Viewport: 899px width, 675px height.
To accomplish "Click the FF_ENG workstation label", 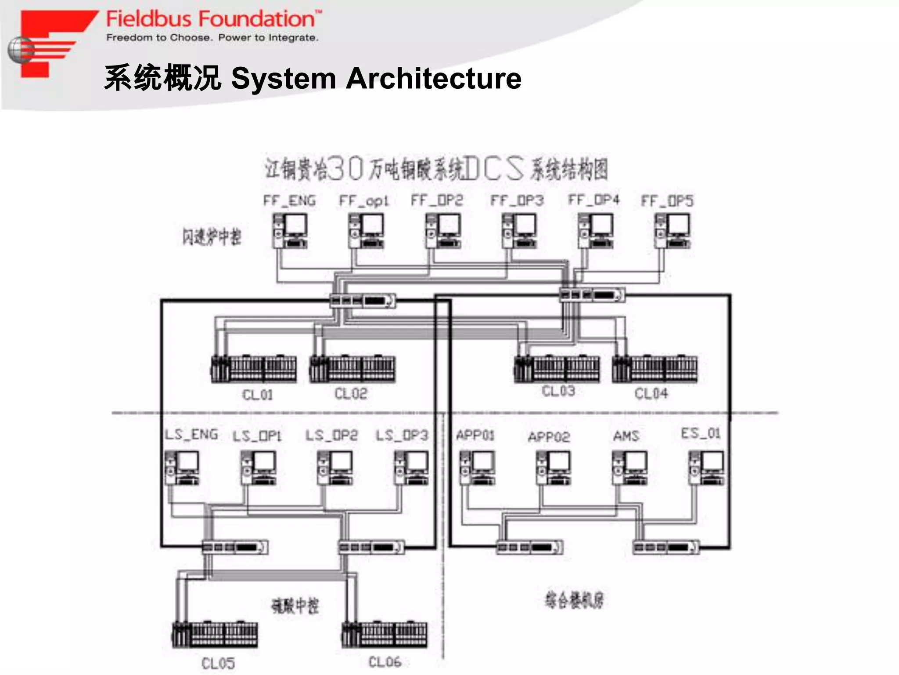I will coord(289,201).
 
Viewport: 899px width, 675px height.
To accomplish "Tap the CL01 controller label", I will coord(258,395).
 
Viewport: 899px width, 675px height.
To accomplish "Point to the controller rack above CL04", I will coord(654,369).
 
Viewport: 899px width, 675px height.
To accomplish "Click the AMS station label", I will coord(626,436).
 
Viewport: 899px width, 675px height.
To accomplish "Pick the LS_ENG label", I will coord(191,435).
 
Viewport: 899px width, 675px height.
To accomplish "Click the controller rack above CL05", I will coord(215,635).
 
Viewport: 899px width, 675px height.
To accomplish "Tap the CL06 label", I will coord(385,662).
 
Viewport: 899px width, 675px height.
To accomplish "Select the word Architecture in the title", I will coord(433,79).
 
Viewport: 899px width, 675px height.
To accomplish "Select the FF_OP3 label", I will coord(517,201).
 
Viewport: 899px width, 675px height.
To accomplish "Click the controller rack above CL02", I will coord(352,369).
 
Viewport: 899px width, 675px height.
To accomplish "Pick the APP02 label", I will coord(549,437).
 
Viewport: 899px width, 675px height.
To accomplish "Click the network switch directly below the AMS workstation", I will coord(665,548).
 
